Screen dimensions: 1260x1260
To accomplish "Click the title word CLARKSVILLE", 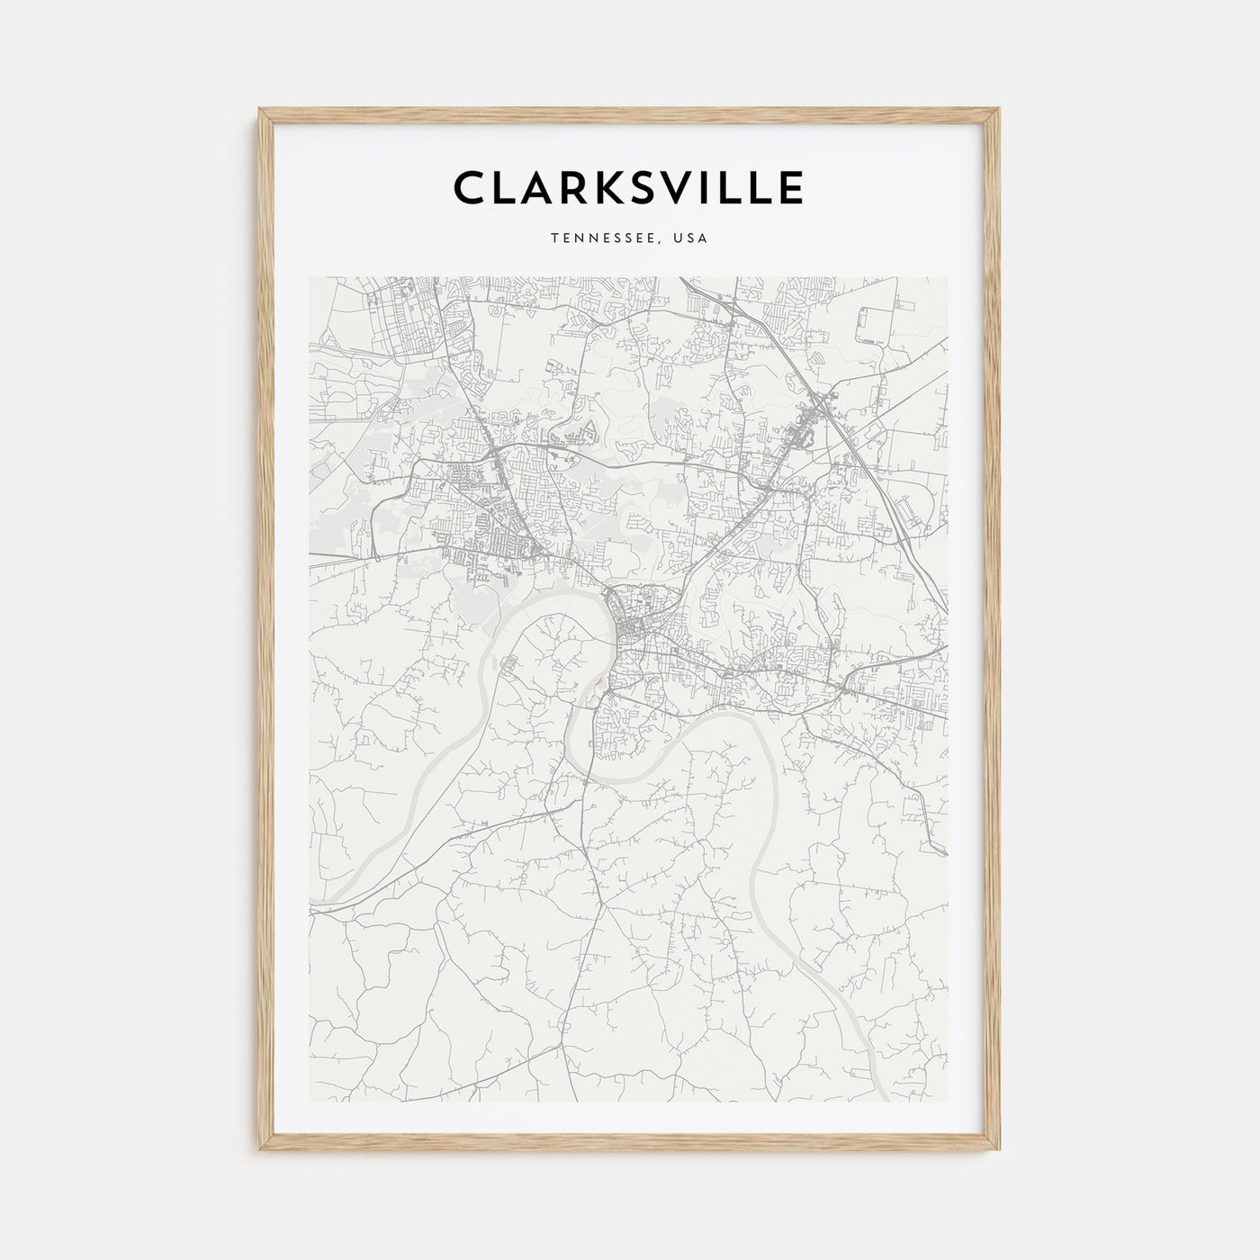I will point(628,188).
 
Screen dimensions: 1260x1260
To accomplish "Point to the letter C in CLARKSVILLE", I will point(471,188).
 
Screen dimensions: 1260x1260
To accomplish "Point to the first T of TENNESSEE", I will point(554,238).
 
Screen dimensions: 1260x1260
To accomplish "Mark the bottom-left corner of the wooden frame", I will point(261,1152).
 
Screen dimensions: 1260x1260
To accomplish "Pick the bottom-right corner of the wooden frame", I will point(999,1152).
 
